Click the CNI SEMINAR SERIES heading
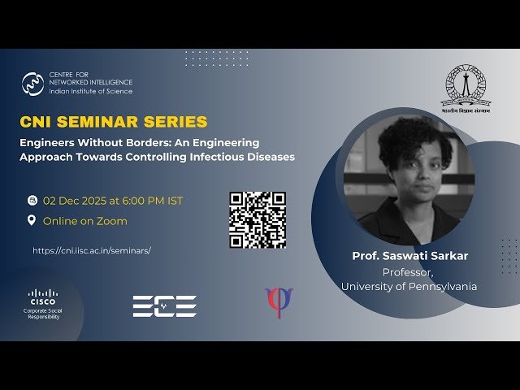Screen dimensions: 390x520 (x=114, y=122)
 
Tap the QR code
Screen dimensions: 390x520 (x=257, y=219)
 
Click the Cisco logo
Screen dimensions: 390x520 (x=43, y=295)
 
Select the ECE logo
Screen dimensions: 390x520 (x=165, y=305)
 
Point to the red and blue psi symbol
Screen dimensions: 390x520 (x=279, y=302)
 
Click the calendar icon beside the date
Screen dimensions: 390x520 (x=32, y=200)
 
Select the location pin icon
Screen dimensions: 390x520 (x=32, y=220)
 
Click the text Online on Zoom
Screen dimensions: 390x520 (x=85, y=221)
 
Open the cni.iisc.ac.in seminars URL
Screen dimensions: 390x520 (x=92, y=251)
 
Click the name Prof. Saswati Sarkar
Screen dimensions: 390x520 (x=409, y=256)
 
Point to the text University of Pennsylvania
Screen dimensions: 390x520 (x=409, y=286)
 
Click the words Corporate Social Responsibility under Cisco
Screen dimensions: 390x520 (x=43, y=314)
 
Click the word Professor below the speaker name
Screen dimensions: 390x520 (x=409, y=271)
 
